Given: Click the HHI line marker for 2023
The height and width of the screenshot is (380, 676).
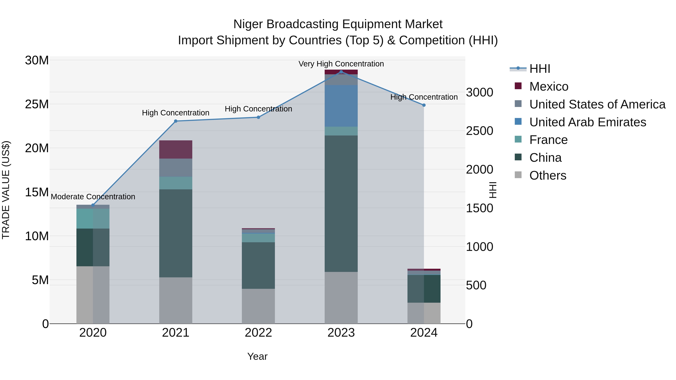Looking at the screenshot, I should pos(341,72).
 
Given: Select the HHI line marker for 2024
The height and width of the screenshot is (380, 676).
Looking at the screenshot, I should pos(424,105).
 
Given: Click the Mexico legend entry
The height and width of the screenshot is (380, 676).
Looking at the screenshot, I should pos(548,87).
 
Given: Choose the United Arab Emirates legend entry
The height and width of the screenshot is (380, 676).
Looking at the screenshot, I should pos(587,122).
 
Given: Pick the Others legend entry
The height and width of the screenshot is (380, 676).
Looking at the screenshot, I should pos(547,175).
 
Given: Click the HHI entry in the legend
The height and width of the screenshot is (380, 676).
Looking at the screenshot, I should pos(539,69).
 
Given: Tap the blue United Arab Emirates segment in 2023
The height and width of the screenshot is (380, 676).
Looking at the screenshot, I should pos(341,106).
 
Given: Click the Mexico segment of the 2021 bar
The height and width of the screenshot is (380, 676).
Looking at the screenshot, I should pos(176,150).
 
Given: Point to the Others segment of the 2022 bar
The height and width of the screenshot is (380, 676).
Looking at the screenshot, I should pos(258,306).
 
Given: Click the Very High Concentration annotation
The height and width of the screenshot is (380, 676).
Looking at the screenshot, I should pos(341,64).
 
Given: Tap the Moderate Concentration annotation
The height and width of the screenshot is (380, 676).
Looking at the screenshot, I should pos(93,197).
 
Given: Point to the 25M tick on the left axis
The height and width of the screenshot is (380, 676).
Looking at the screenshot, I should pos(37,104).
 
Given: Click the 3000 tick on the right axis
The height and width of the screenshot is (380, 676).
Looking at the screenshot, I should pos(479,93).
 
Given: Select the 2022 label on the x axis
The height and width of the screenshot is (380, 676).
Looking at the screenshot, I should pos(258,333).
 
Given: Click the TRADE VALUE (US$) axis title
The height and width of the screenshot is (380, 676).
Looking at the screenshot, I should pos(6,190).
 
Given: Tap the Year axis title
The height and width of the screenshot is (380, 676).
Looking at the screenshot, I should pos(257,356).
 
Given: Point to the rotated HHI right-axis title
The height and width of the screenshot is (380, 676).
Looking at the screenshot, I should pos(493,190).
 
